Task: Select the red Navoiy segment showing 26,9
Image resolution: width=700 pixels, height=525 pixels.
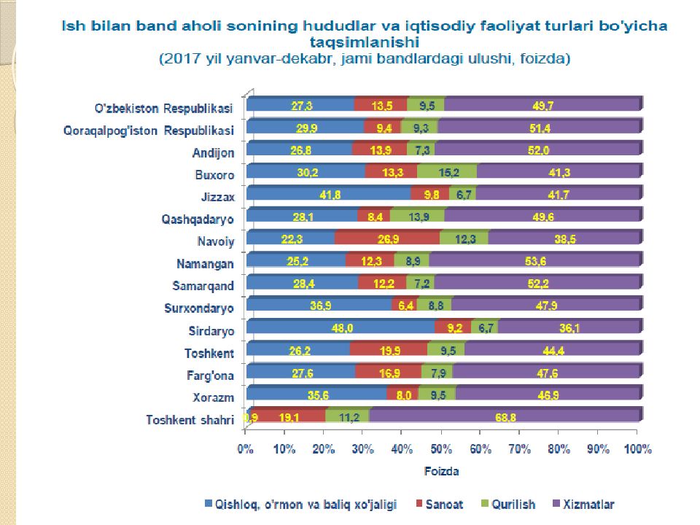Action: pyautogui.click(x=387, y=239)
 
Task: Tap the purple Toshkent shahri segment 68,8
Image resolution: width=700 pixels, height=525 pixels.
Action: pyautogui.click(x=505, y=416)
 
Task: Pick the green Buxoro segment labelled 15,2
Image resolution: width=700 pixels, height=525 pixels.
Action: pyautogui.click(x=447, y=172)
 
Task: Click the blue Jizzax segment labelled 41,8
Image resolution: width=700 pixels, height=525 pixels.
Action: pyautogui.click(x=328, y=195)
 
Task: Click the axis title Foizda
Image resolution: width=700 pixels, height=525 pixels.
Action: pyautogui.click(x=442, y=472)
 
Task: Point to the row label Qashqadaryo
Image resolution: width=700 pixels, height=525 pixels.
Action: pyautogui.click(x=198, y=219)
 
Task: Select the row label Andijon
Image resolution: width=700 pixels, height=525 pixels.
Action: pyautogui.click(x=213, y=153)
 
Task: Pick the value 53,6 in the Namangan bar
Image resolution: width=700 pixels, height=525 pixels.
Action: pyautogui.click(x=535, y=261)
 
